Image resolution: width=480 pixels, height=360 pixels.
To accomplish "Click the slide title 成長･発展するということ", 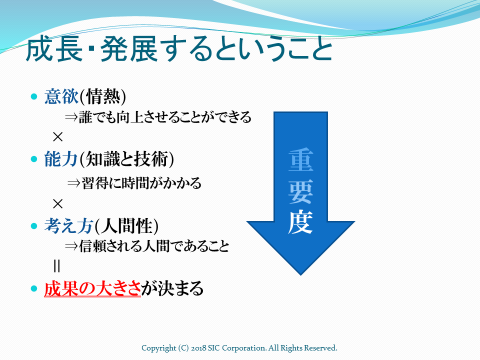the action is coord(179,50).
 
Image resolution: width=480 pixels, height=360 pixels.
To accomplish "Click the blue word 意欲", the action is coord(61,96).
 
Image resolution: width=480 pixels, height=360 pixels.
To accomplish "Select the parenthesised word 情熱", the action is coord(103,96).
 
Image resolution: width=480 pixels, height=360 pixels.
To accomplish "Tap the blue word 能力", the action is coord(61,159).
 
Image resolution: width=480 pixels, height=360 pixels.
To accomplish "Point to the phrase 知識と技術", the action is coord(126,159).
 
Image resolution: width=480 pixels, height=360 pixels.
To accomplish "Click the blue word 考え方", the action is coord(68,226).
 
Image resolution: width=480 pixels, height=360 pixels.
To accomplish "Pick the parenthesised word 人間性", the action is coord(126,226).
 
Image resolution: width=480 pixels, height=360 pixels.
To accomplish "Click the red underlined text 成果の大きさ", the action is coord(92,288).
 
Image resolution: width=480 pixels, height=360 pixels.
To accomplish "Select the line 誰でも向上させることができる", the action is coord(165,117).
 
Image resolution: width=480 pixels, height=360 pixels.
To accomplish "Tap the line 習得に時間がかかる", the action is coord(141,183).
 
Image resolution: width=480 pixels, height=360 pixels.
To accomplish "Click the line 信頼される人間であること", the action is coord(154,246).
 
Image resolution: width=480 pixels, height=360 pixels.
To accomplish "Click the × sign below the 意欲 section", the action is coord(57,137).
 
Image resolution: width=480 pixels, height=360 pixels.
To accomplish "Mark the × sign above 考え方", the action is coord(57,203).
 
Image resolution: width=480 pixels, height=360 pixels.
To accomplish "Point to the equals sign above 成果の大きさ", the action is coord(56,265).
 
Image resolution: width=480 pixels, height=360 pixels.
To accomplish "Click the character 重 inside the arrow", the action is coord(300,160).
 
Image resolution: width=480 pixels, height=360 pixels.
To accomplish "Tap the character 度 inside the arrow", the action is coord(300,222).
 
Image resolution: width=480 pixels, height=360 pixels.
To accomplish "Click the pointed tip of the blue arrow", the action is coord(300,275).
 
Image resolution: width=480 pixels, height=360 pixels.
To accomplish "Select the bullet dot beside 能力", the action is coord(34,159).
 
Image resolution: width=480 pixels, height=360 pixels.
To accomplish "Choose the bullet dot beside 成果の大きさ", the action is coord(34,288).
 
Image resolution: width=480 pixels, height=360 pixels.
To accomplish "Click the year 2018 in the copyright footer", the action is coord(198,348).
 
